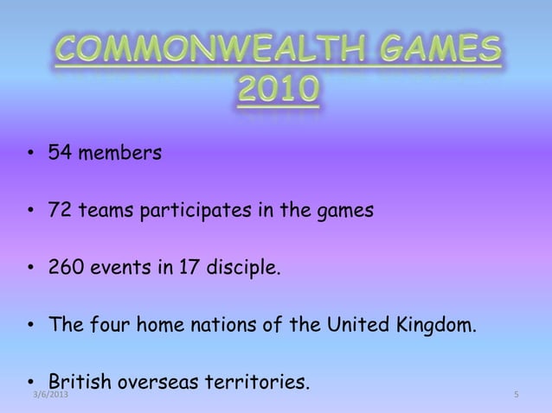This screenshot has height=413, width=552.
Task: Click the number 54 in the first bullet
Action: point(61,155)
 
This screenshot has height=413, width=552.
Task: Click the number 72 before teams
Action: point(61,210)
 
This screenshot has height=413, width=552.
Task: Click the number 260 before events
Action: point(66,268)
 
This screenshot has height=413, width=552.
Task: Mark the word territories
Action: point(260,381)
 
